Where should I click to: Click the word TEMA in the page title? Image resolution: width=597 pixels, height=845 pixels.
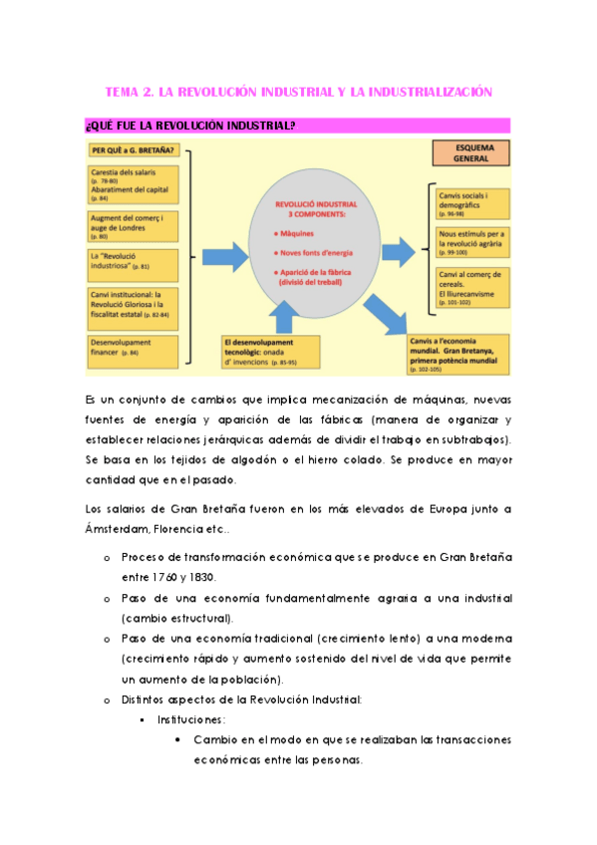tap(123, 92)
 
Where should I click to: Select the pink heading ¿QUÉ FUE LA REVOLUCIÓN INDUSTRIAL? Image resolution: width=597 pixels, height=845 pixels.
tap(189, 126)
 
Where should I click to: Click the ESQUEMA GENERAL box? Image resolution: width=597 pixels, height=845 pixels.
tap(467, 152)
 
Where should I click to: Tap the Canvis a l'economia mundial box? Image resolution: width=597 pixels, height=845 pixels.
tap(458, 352)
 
